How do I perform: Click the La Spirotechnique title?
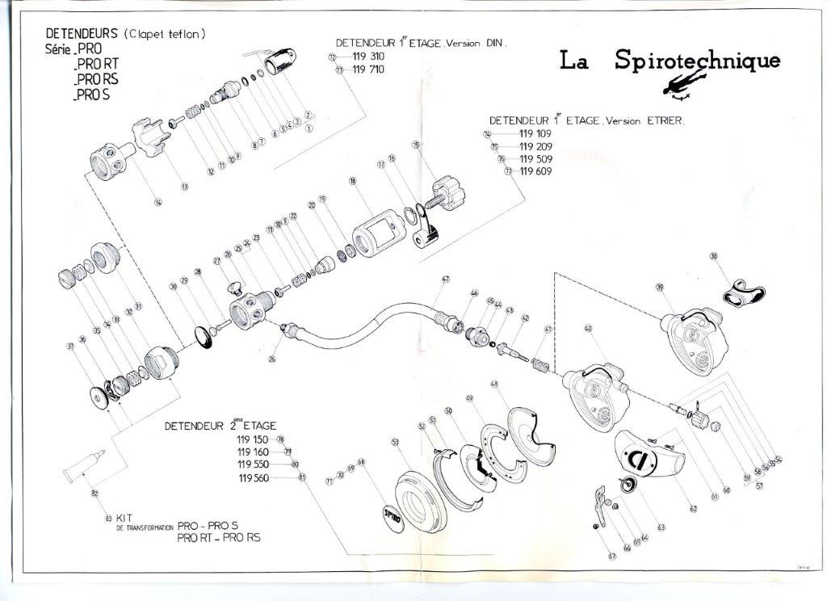(x=670, y=61)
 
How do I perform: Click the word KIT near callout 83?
(x=124, y=517)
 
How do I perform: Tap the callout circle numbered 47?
(x=445, y=279)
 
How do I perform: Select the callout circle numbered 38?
(x=714, y=256)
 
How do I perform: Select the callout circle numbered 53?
(x=395, y=442)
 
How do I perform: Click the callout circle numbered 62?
(x=693, y=509)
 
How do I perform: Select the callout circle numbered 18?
(x=353, y=182)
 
